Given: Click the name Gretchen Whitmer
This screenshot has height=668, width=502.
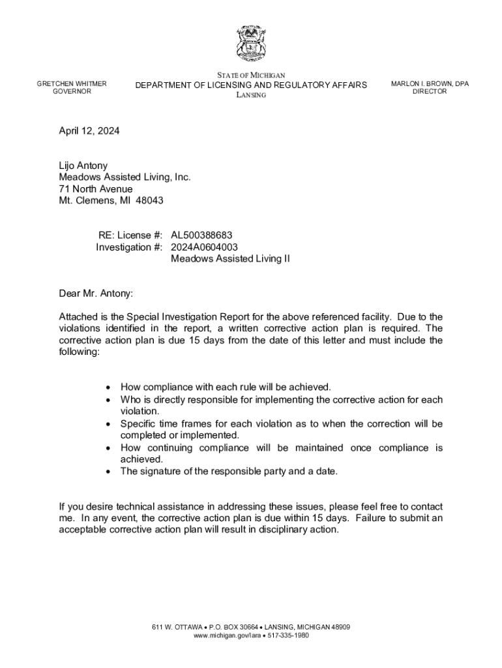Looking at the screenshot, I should point(72,83).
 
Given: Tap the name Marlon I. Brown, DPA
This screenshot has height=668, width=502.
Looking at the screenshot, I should point(430,83).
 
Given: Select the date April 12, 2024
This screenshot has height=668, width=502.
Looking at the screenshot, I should point(89,131).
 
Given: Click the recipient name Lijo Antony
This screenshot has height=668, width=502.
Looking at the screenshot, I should point(83,166).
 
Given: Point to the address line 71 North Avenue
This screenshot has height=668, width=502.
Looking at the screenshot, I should point(96,189).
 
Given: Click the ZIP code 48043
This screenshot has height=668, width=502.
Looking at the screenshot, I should point(150,201).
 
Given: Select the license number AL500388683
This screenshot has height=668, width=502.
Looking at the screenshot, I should point(201,235).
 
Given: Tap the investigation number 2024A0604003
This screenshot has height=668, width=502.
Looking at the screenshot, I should point(204,247).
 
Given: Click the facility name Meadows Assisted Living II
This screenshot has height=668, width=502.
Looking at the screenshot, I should point(230,259).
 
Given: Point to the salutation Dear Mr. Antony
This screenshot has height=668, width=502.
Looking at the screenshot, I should point(96,294).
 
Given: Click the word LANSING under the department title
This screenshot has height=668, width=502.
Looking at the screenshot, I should point(251,95).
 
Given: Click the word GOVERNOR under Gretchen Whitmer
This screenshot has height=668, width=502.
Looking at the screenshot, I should point(72,91).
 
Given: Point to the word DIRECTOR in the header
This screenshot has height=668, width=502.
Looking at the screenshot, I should point(430,91).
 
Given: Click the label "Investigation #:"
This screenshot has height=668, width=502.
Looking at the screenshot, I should point(129,247).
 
